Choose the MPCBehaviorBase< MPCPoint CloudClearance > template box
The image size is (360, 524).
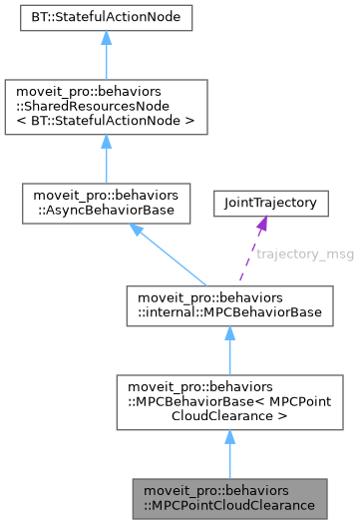tap(229, 401)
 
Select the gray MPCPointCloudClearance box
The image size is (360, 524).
tap(229, 498)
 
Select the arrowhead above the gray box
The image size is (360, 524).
tap(229, 437)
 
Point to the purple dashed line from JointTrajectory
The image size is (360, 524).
tap(250, 257)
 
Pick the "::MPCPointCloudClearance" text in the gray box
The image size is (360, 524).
tap(229, 505)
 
